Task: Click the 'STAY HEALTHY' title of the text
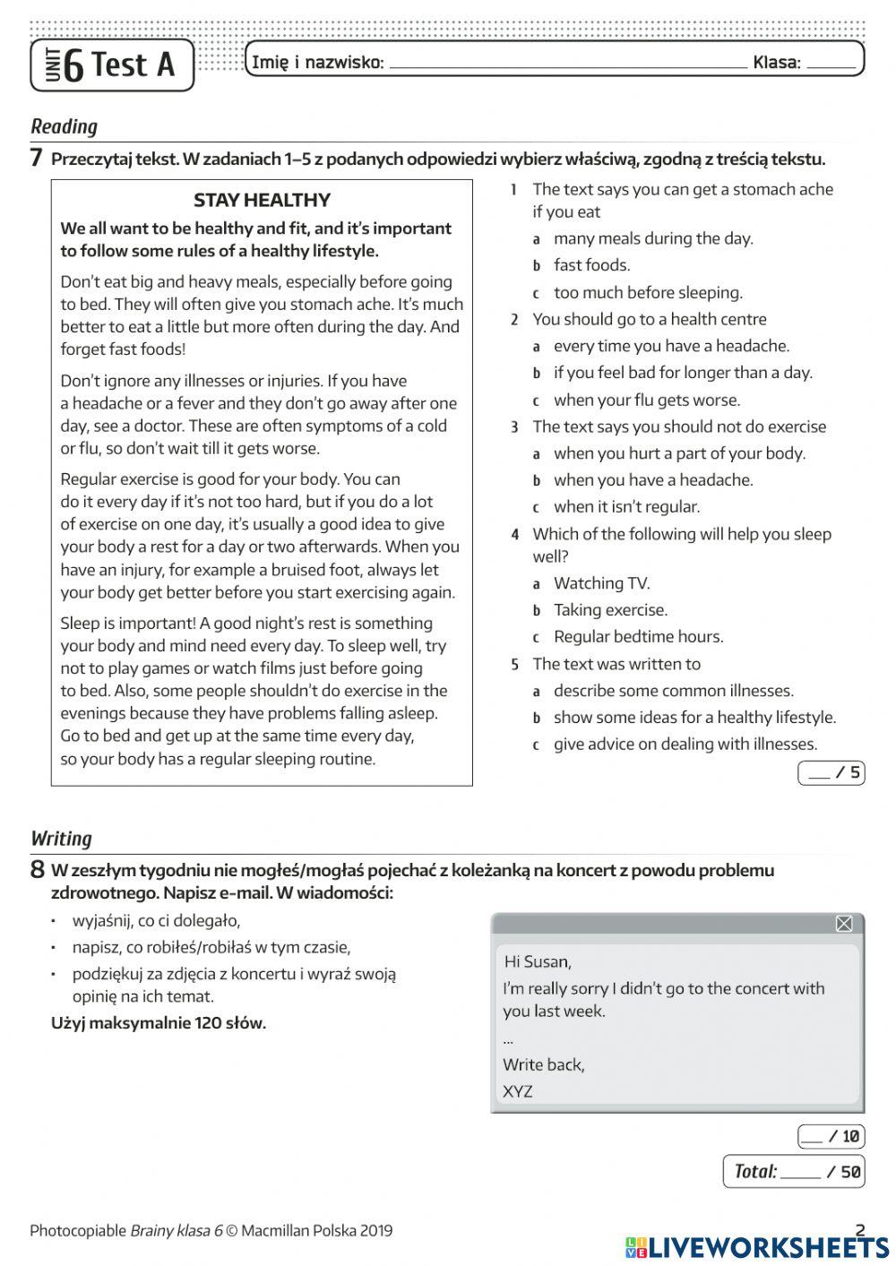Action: [262, 200]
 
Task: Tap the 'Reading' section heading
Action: [64, 126]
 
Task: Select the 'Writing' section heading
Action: [61, 839]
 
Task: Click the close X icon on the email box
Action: [843, 924]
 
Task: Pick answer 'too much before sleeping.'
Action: [647, 292]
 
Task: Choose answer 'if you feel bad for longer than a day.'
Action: [682, 373]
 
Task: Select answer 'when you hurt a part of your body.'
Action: [678, 453]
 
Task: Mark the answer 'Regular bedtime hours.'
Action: [637, 637]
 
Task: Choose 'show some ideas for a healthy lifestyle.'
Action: [694, 718]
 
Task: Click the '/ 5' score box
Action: [831, 772]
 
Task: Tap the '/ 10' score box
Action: [831, 1136]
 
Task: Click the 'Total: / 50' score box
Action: [794, 1171]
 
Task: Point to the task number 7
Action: [37, 159]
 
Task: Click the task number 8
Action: [37, 870]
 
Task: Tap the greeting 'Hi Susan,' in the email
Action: [537, 961]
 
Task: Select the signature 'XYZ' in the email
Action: [518, 1091]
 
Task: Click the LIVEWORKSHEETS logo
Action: [757, 1247]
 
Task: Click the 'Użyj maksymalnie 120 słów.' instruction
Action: [159, 1023]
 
